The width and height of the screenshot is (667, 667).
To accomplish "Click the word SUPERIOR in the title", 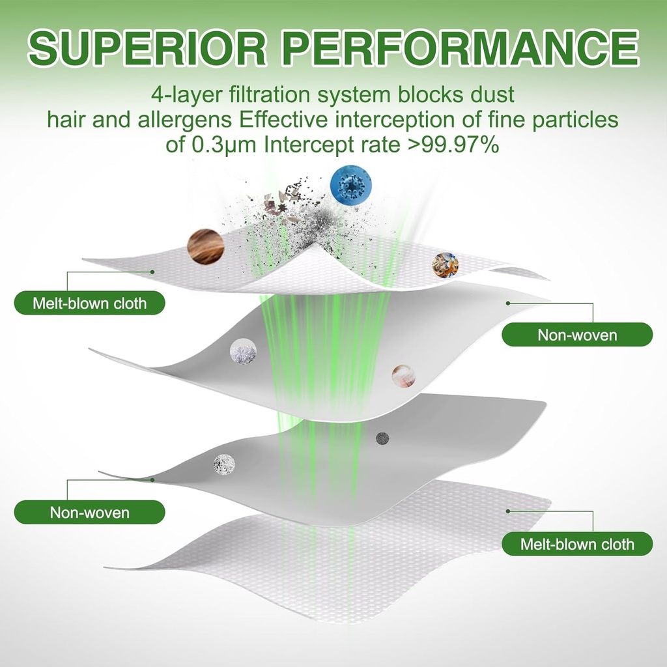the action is coord(147,48).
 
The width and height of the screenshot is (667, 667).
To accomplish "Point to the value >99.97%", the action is coord(453,145).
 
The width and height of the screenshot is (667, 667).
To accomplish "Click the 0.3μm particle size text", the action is coord(224,146).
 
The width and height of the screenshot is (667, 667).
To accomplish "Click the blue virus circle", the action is coord(351,185).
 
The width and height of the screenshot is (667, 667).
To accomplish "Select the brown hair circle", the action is coord(206,247).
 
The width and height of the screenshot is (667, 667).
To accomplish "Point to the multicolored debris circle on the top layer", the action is coord(446,266).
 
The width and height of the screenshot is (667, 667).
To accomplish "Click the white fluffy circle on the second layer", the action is coord(244,351).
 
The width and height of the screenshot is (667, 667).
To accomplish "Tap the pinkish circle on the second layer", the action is coord(403,376).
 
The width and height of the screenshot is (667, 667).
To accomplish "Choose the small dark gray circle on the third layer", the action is coord(383,438).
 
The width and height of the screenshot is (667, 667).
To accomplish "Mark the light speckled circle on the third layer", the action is coord(224,464).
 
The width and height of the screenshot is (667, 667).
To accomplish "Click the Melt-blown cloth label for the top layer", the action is coord(90,304).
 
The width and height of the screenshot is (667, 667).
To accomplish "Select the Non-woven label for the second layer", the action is coord(577,335).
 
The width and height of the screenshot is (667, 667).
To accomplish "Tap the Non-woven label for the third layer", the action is coord(90,512).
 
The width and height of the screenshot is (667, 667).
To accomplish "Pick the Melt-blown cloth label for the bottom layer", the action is coord(577,544).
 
